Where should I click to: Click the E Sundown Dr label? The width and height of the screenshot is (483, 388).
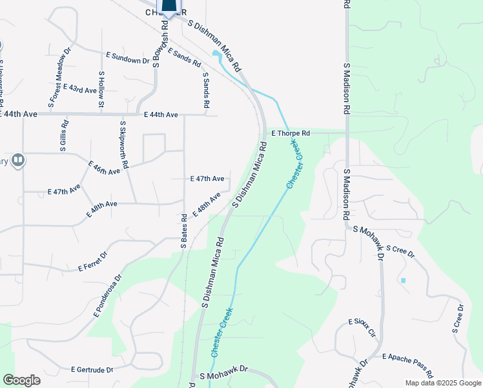tap(128, 59)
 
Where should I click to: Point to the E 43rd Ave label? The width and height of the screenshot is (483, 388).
tap(79, 89)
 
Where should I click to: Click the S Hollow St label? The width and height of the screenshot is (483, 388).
tap(101, 89)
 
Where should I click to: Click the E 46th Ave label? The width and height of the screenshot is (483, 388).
tap(103, 169)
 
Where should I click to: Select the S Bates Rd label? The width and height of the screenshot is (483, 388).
tap(184, 231)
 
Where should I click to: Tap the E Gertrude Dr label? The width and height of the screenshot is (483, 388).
tap(92, 370)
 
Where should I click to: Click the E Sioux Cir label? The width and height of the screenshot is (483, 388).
tap(362, 327)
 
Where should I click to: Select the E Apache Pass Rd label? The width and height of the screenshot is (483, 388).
tap(407, 365)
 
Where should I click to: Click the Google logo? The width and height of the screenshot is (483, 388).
tap(21, 380)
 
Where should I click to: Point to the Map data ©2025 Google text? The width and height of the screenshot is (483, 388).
tap(442, 383)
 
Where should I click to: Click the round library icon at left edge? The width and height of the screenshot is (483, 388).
tap(17, 160)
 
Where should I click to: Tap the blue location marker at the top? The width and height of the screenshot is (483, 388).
tap(169, 6)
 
